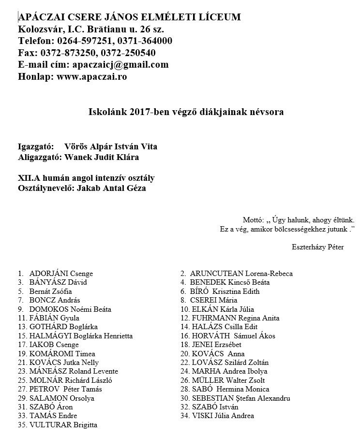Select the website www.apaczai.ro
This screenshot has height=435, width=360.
point(92,76)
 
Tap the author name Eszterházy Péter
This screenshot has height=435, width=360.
point(317,247)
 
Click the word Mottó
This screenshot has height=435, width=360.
point(251,218)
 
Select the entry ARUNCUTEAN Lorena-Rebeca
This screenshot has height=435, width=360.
point(241,274)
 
